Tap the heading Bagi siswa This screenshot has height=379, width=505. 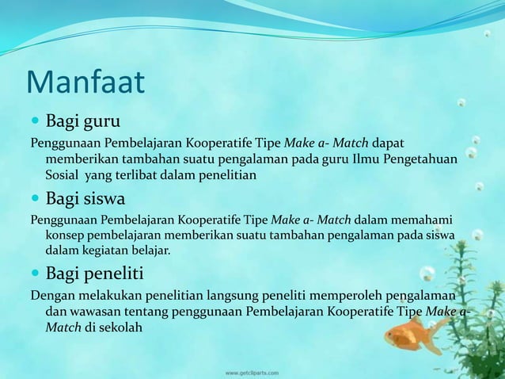pyautogui.click(x=85, y=197)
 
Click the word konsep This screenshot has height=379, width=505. pyautogui.click(x=66, y=235)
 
